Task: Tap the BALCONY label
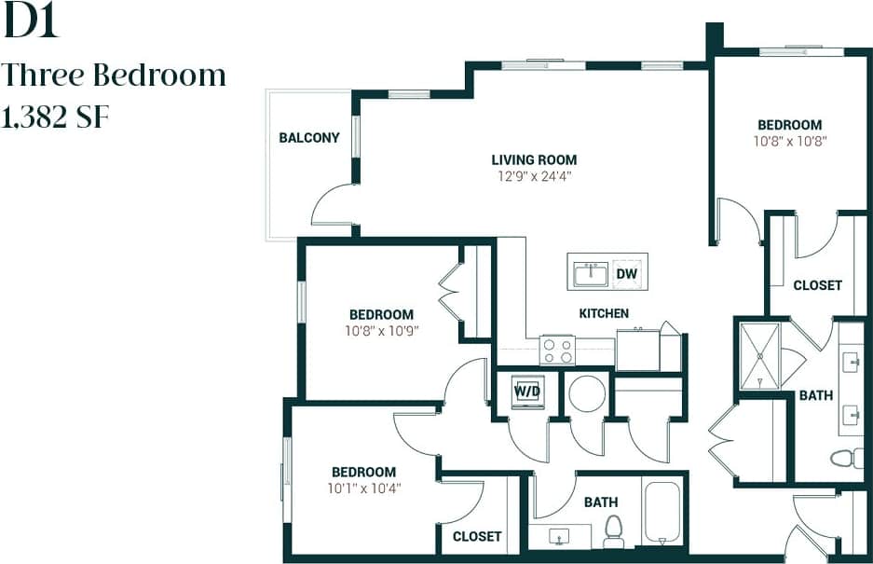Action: (309, 138)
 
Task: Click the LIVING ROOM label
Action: (534, 159)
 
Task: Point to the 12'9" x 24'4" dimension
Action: (534, 175)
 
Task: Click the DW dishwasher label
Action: (626, 273)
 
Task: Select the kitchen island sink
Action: (590, 273)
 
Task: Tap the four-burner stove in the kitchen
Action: (558, 351)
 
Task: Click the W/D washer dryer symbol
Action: (527, 392)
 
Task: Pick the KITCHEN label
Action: (604, 313)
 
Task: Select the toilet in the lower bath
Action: (613, 531)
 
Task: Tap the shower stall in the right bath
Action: (760, 355)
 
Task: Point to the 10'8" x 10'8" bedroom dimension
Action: (789, 142)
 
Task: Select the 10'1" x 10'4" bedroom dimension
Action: (363, 488)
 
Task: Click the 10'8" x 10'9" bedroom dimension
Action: (381, 330)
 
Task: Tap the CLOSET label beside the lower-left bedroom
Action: (477, 536)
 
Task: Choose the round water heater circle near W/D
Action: (588, 393)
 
